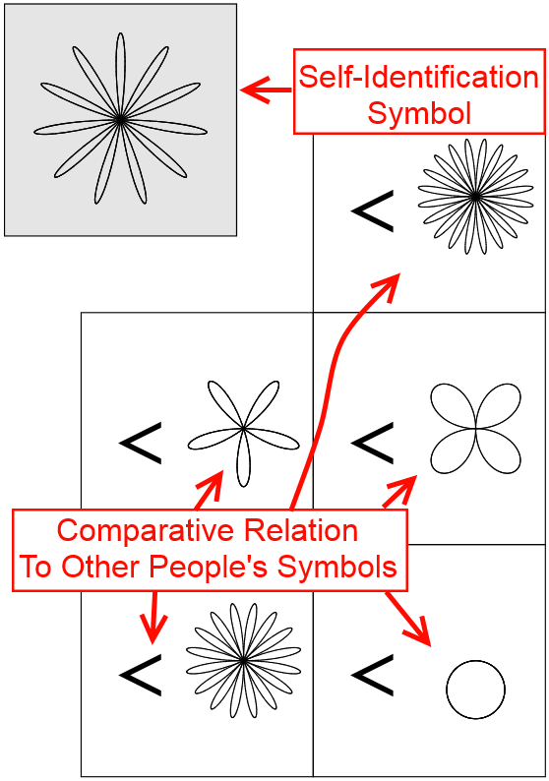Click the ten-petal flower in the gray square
point(120,120)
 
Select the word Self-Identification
point(419,77)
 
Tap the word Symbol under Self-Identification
point(419,113)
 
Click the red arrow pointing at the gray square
point(266,90)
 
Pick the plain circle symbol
point(475,690)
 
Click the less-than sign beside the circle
point(373,676)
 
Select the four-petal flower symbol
point(476,428)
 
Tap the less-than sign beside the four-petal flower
point(373,444)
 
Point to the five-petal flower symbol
point(243,429)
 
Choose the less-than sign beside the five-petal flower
point(141,444)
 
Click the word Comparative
point(146,531)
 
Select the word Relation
point(301,530)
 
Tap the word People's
point(209,567)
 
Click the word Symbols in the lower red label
point(337,567)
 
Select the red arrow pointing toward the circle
point(407,618)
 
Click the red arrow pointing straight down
point(153,617)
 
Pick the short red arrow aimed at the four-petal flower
point(399,492)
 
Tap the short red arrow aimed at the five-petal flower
point(209,490)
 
